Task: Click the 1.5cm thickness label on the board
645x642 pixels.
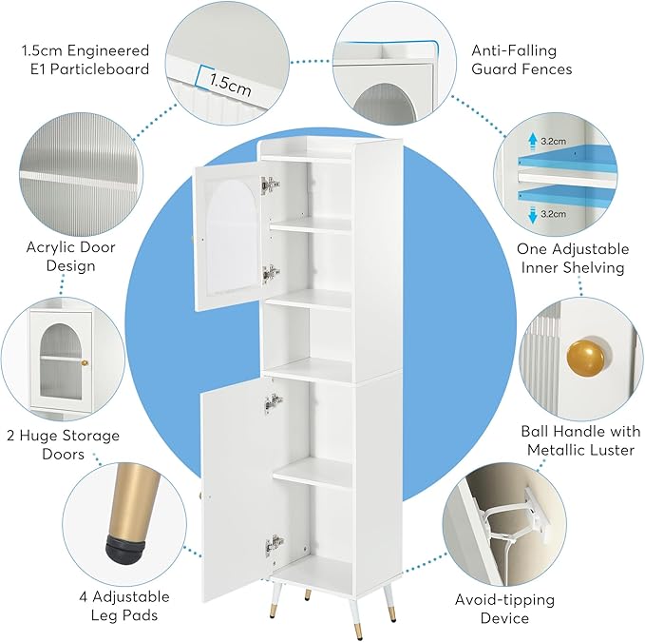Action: (x=230, y=85)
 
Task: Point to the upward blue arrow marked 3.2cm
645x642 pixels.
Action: (x=533, y=142)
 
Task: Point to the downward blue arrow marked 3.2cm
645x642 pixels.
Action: (x=533, y=215)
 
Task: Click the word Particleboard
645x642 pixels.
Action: (x=100, y=68)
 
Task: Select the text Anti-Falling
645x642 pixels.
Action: (x=514, y=50)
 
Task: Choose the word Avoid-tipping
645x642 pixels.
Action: (x=504, y=599)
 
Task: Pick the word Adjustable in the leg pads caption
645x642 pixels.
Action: (x=131, y=596)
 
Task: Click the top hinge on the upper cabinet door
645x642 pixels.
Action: (x=271, y=185)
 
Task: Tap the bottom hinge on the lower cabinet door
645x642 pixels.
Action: (x=275, y=546)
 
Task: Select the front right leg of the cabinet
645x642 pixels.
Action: (x=389, y=604)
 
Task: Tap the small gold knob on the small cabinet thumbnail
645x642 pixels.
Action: (x=85, y=362)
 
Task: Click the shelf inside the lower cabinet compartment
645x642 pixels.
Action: (x=313, y=473)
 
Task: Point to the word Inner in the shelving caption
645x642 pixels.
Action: (x=540, y=267)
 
